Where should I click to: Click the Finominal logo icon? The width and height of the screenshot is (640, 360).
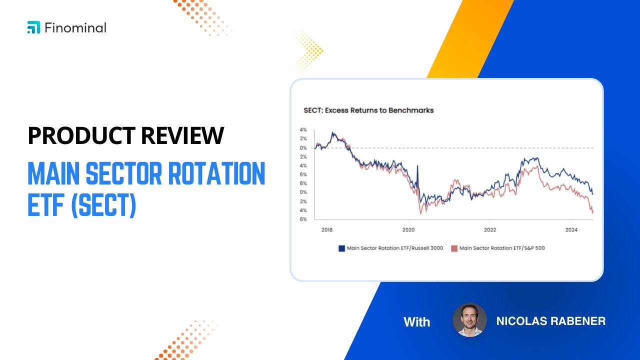[x=33, y=27]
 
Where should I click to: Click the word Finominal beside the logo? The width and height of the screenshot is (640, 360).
[x=75, y=27]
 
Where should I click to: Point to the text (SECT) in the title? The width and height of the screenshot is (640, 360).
[x=103, y=206]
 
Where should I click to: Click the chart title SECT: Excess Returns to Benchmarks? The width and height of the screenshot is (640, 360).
[x=368, y=110]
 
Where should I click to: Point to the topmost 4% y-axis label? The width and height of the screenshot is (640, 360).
[x=303, y=130]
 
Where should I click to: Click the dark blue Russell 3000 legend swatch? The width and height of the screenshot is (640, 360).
[x=342, y=248]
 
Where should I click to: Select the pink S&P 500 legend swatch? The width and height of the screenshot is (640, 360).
[x=454, y=248]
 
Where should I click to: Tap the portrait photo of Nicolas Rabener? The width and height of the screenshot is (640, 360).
[x=469, y=320]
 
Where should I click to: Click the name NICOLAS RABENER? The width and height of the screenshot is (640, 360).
[x=550, y=321]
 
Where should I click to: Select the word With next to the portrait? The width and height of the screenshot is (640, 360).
[x=416, y=321]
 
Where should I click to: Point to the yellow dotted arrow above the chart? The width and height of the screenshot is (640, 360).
[x=309, y=50]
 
